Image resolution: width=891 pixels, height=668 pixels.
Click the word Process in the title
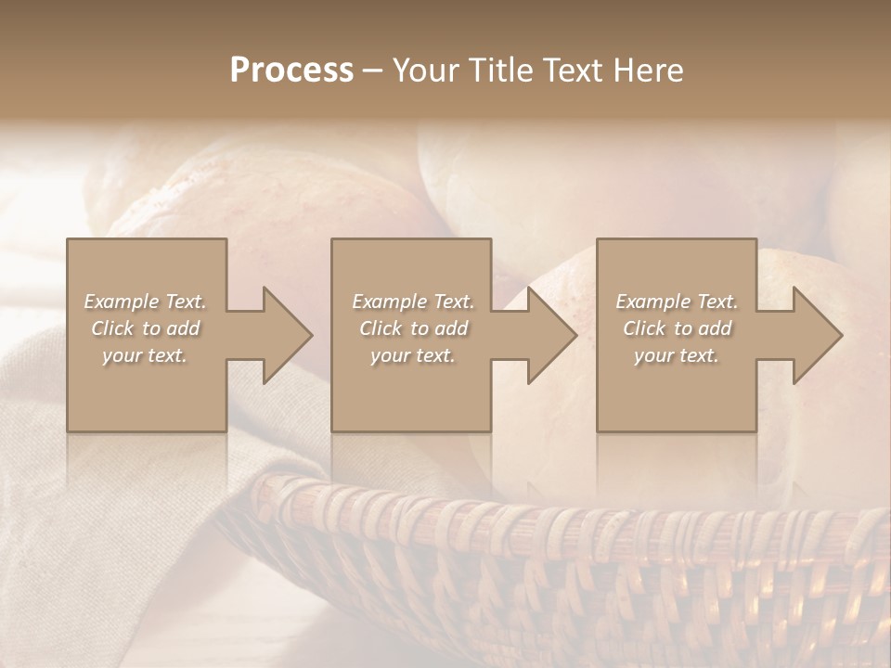[x=291, y=71]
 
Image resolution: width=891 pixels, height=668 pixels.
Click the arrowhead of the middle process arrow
[x=551, y=335]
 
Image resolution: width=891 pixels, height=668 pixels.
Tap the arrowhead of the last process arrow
[x=817, y=335]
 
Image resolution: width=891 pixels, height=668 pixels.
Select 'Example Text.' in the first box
[x=145, y=302]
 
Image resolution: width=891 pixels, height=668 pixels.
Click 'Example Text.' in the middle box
[x=412, y=302]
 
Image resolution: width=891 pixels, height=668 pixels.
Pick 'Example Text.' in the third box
[x=677, y=302]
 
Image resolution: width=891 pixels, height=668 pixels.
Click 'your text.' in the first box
[x=145, y=355]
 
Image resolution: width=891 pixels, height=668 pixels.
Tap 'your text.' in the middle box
[x=412, y=355]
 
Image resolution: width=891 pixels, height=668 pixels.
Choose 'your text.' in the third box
[x=677, y=355]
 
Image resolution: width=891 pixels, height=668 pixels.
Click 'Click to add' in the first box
[x=145, y=328]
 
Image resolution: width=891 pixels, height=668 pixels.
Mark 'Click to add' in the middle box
[x=412, y=328]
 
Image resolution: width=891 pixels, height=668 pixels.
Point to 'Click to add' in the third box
[x=677, y=328]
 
